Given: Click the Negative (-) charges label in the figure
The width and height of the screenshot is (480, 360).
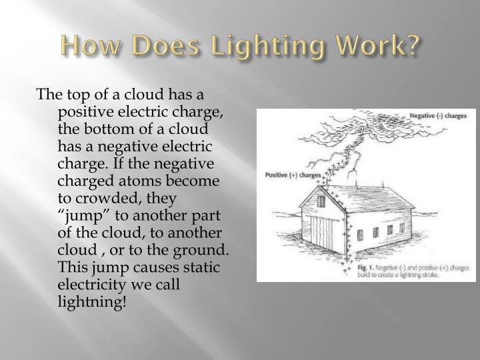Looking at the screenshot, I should pyautogui.click(x=437, y=116).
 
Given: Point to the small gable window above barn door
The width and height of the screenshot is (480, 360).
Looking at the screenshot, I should pyautogui.click(x=321, y=199).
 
